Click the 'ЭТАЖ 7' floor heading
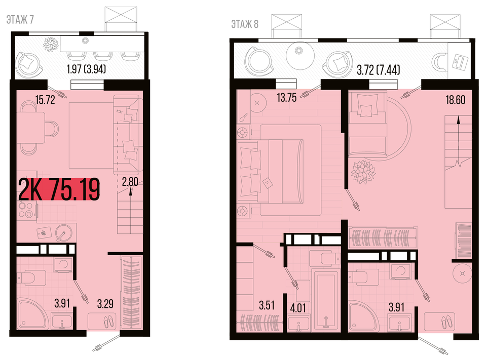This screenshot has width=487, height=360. tap(20, 20)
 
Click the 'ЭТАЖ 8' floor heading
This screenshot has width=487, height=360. tap(245, 24)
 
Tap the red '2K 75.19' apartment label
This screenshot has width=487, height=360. tap(59, 189)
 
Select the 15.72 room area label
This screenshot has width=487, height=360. tap(45, 100)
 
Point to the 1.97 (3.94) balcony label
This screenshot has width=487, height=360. tap(86, 69)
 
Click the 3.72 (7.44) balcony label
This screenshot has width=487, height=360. tap(378, 70)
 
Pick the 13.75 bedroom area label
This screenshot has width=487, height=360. tap(287, 97)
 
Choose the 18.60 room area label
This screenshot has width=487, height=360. tap(455, 100)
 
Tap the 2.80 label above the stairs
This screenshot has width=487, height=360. tap(130, 182)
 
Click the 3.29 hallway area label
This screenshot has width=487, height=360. tap(105, 303)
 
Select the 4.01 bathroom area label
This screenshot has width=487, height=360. tap(298, 308)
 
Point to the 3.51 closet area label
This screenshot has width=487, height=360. tap(267, 305)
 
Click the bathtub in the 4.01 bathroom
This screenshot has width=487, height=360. tap(326, 300)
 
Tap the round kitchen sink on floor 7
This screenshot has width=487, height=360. tap(63, 232)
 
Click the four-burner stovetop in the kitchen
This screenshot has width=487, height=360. tap(26, 210)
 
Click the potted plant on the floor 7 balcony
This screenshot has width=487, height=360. tap(51, 45)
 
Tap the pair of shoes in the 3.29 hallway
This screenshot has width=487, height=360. tap(109, 321)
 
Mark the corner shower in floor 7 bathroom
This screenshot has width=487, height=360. tap(33, 314)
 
